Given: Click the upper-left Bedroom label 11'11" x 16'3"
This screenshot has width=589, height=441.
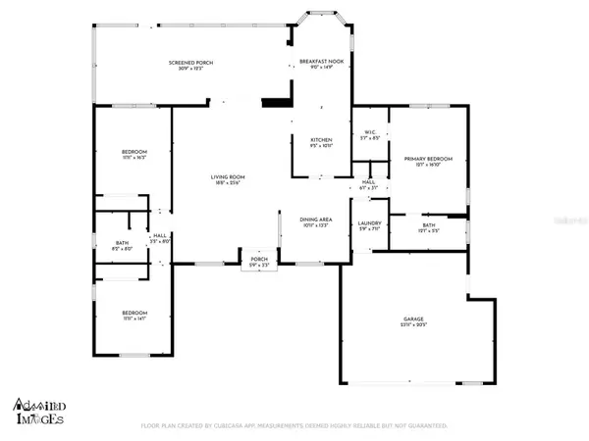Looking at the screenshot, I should tap(134, 154).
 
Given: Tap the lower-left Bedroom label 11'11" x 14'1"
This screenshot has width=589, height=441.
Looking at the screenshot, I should tap(134, 313).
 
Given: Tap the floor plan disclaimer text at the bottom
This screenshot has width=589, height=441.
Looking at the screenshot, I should tap(294, 426).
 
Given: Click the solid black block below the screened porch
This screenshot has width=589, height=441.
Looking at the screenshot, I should tap(276, 103).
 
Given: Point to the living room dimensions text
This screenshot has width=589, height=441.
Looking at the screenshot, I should tap(226, 182).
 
